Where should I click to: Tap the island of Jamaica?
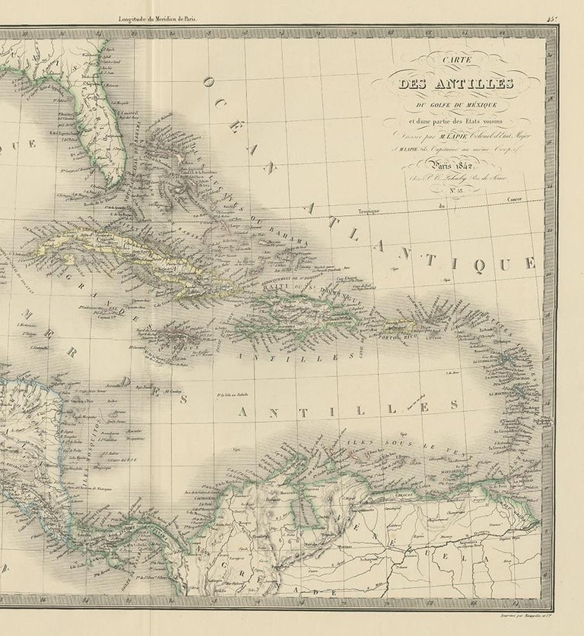coord(183,335)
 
